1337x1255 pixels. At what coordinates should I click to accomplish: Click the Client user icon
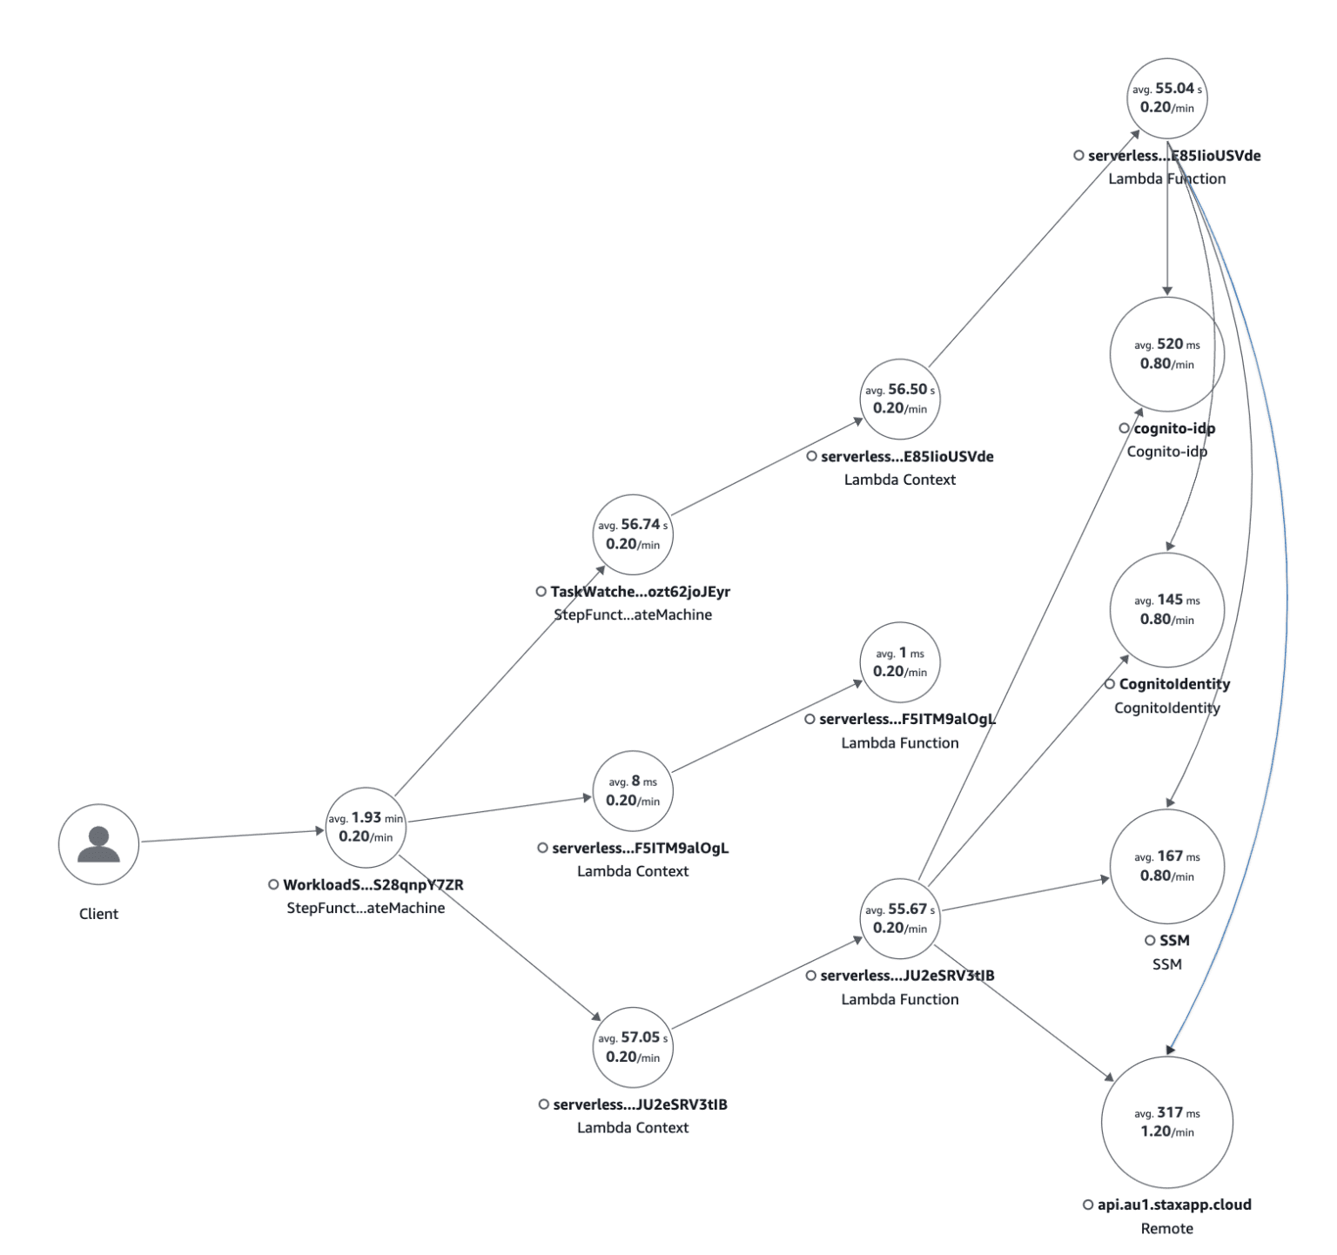pyautogui.click(x=98, y=844)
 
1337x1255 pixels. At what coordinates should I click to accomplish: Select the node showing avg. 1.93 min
pyautogui.click(x=366, y=828)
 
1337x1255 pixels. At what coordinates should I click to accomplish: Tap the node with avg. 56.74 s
pyautogui.click(x=633, y=534)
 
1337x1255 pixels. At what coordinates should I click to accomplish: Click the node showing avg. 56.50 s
pyautogui.click(x=900, y=399)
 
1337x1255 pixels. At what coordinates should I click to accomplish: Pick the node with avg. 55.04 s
pyautogui.click(x=1167, y=98)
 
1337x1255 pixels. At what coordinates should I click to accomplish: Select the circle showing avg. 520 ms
pyautogui.click(x=1167, y=354)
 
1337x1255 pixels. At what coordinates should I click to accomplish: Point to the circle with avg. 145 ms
pyautogui.click(x=1167, y=610)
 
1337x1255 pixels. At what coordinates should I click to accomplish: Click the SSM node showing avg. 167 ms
pyautogui.click(x=1167, y=866)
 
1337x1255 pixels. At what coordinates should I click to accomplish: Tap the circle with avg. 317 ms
pyautogui.click(x=1167, y=1122)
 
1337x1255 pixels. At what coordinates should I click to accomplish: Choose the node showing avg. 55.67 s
pyautogui.click(x=900, y=918)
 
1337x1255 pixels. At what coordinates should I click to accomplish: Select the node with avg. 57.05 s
pyautogui.click(x=633, y=1047)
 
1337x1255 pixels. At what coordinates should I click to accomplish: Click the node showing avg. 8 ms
pyautogui.click(x=633, y=791)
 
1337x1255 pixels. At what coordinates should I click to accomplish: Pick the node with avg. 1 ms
pyautogui.click(x=900, y=662)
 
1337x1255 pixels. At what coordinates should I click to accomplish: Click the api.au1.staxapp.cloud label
pyautogui.click(x=1173, y=1205)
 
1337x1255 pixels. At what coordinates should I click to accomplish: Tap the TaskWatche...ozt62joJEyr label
pyautogui.click(x=640, y=592)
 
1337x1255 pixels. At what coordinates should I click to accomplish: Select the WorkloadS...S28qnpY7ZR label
pyautogui.click(x=373, y=885)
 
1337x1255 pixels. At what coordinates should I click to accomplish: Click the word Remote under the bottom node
pyautogui.click(x=1167, y=1229)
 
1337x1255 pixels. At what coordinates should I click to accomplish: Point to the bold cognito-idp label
pyautogui.click(x=1174, y=428)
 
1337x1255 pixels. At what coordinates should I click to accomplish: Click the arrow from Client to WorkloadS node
pyautogui.click(x=232, y=836)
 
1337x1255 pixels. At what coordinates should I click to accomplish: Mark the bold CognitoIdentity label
pyautogui.click(x=1174, y=684)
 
